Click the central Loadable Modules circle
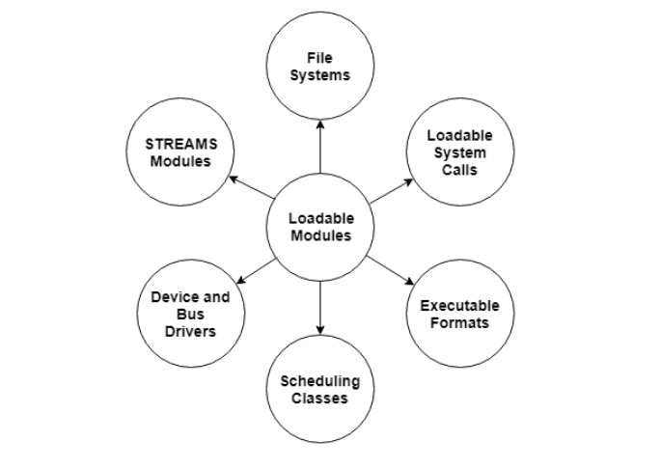[320, 228]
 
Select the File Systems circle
[319, 67]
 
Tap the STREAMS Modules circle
[180, 152]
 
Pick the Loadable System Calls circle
[459, 152]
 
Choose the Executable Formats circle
[459, 314]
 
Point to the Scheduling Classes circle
[319, 389]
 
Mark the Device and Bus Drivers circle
[190, 314]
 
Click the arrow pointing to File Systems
[319, 147]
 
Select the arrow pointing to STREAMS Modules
[252, 189]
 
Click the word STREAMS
[181, 144]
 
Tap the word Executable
[459, 306]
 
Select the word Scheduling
[319, 381]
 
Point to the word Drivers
[190, 331]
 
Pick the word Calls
[459, 170]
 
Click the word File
[319, 59]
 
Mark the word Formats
[459, 323]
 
